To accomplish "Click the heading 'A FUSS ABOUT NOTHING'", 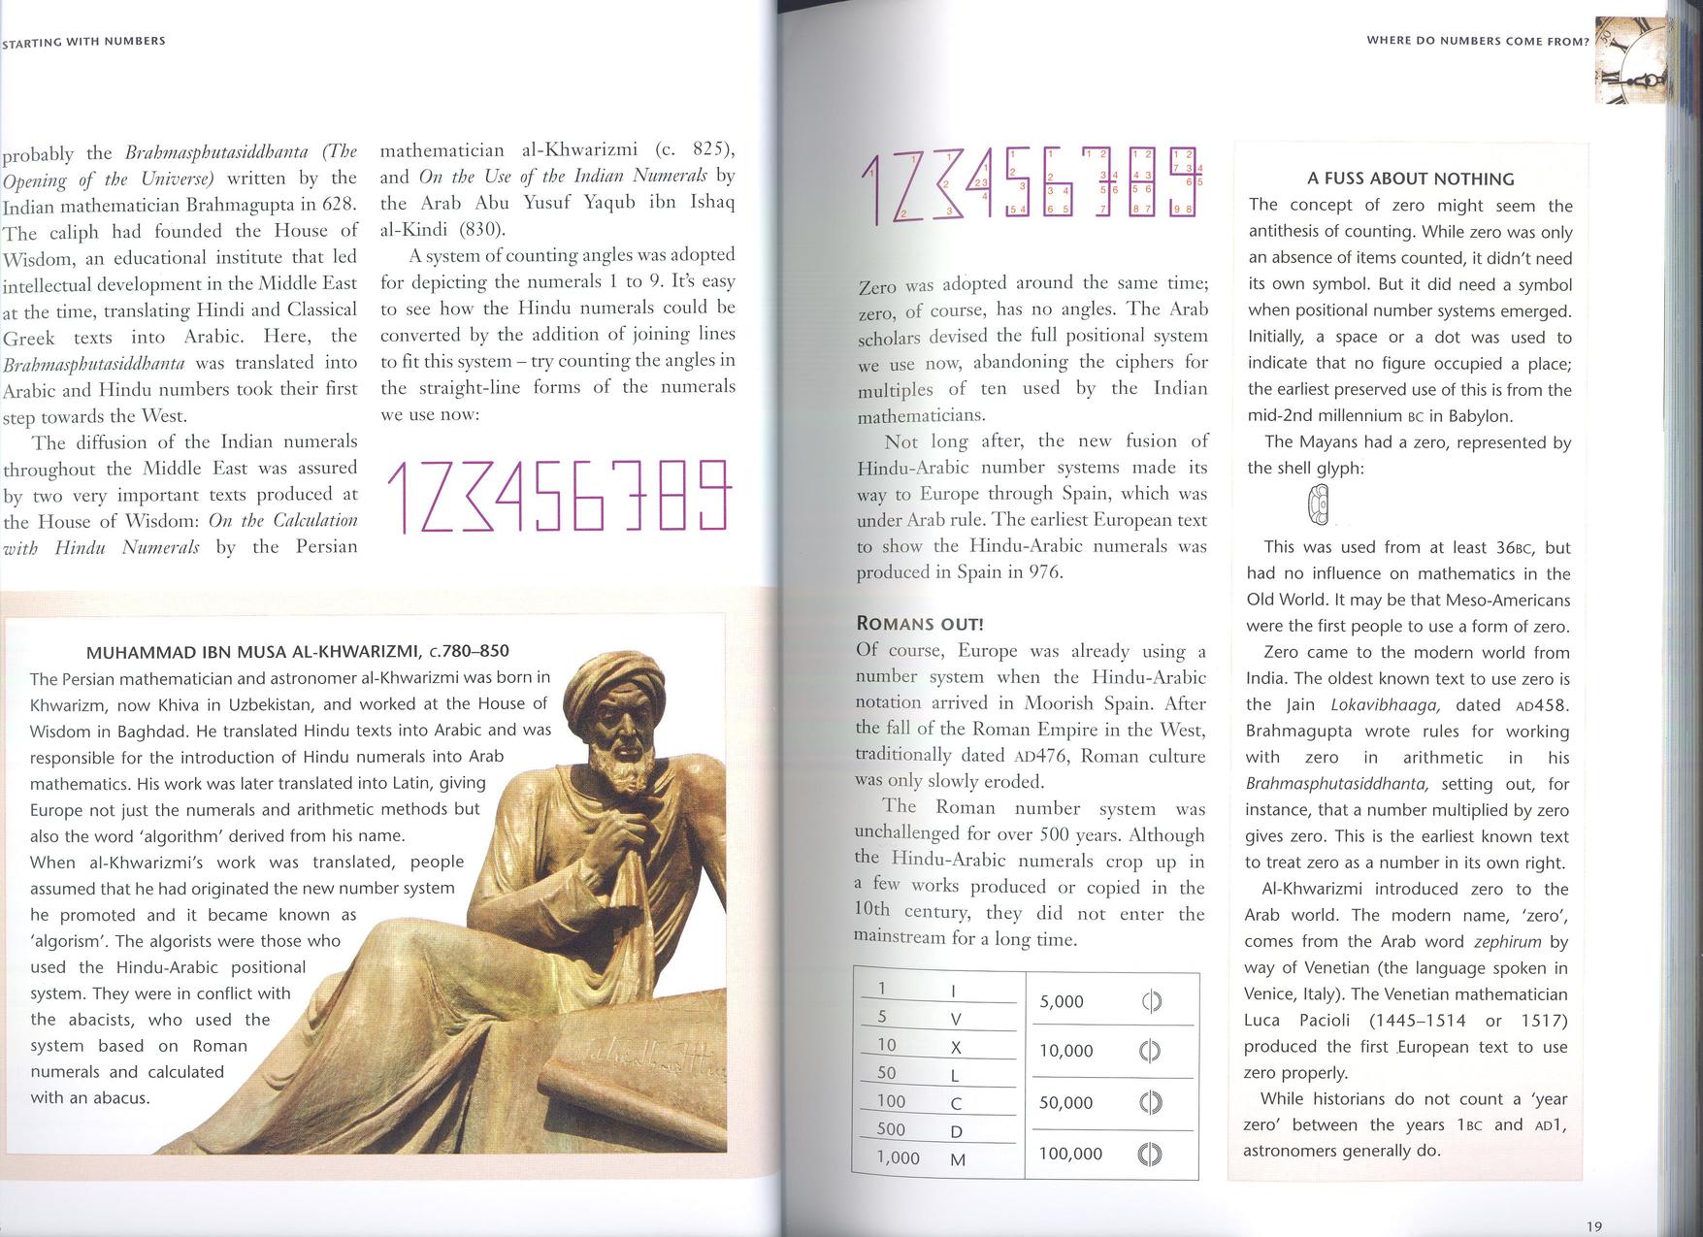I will (x=1410, y=179).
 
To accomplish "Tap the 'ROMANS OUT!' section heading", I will (x=920, y=624).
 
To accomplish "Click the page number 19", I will (x=1594, y=1226).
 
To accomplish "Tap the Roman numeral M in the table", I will (x=957, y=1159).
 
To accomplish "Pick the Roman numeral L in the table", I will (x=955, y=1075).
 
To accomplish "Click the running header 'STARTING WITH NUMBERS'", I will (x=83, y=42).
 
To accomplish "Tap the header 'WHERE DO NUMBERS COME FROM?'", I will (x=1477, y=41).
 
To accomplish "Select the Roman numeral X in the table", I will (x=956, y=1048).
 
